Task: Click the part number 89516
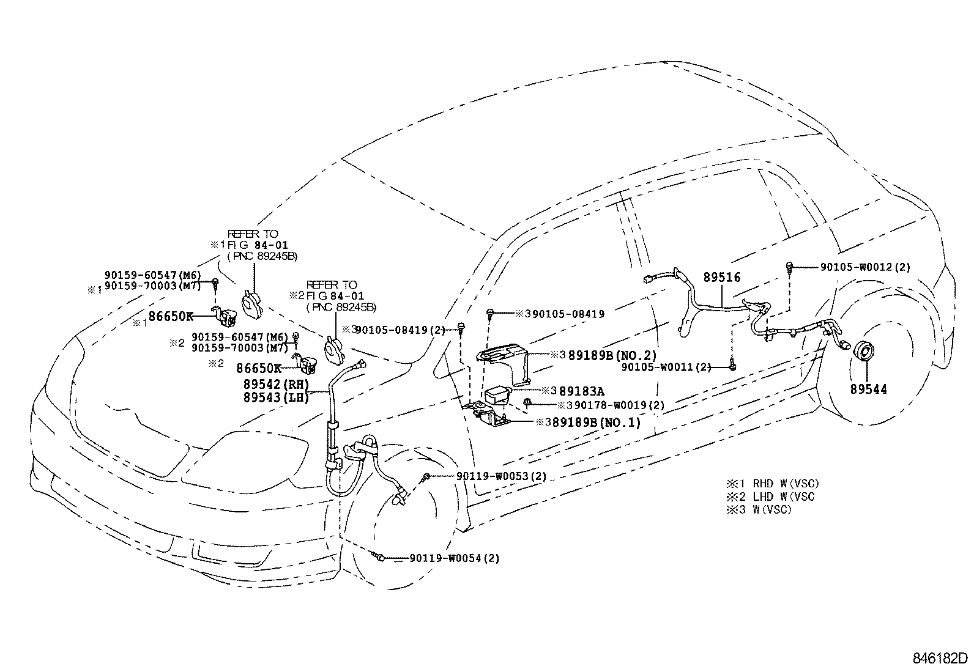point(721,277)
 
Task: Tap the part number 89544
point(868,389)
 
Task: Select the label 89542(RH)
point(276,385)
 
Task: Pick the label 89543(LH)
point(276,397)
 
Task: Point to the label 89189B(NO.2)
point(612,355)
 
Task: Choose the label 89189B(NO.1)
point(597,422)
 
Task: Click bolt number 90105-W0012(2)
point(865,267)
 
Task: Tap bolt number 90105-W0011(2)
point(666,367)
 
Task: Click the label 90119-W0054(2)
point(455,558)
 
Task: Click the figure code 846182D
point(940,659)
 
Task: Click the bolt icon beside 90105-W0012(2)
point(790,267)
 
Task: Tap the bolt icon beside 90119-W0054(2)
point(379,557)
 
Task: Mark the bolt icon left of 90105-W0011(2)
point(732,366)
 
